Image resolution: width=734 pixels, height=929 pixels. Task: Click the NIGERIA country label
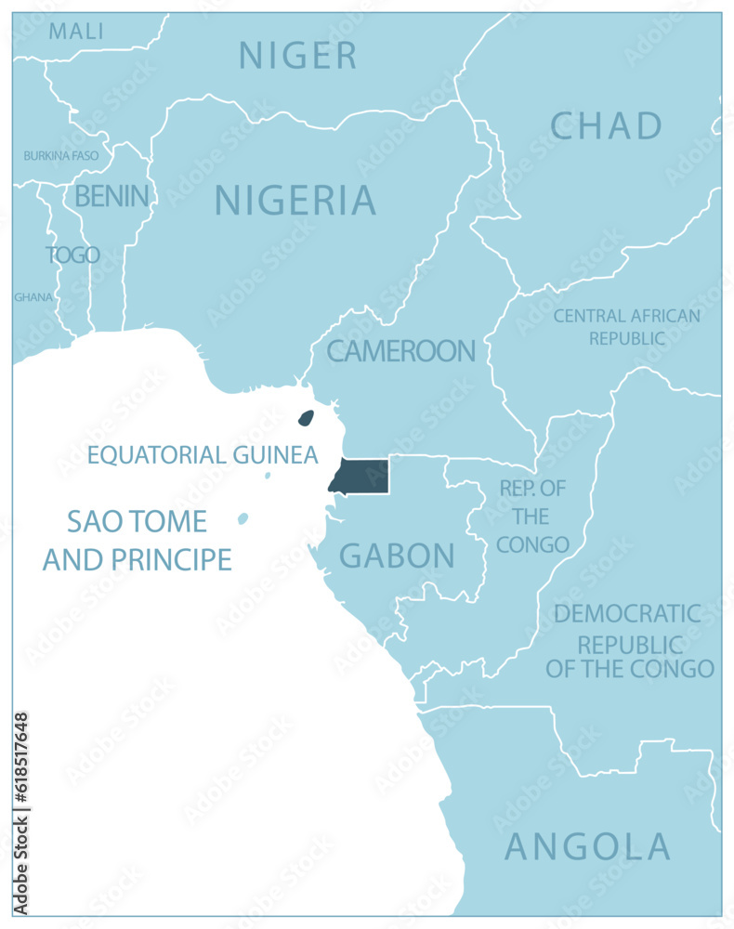pyautogui.click(x=295, y=201)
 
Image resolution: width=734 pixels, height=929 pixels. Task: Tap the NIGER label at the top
pyautogui.click(x=297, y=56)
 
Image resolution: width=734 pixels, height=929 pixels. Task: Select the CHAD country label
pyautogui.click(x=606, y=125)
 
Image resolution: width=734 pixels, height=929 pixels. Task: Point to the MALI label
pyautogui.click(x=76, y=31)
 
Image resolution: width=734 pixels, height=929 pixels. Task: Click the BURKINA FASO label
pyautogui.click(x=60, y=155)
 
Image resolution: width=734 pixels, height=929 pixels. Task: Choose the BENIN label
pyautogui.click(x=111, y=196)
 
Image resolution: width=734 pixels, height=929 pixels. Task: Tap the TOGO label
pyautogui.click(x=72, y=255)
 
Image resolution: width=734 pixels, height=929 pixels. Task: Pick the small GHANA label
pyautogui.click(x=33, y=297)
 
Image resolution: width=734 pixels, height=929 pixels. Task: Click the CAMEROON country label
pyautogui.click(x=400, y=351)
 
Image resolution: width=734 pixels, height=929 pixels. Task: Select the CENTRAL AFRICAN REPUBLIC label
pyautogui.click(x=626, y=327)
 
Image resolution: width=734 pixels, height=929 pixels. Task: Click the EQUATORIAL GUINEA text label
pyautogui.click(x=203, y=455)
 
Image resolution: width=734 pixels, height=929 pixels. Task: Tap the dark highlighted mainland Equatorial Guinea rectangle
pyautogui.click(x=360, y=476)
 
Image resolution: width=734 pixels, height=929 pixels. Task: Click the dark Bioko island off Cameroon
pyautogui.click(x=305, y=419)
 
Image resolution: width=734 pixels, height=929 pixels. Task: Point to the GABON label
pyautogui.click(x=397, y=556)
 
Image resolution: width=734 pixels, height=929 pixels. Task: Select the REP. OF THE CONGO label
pyautogui.click(x=532, y=517)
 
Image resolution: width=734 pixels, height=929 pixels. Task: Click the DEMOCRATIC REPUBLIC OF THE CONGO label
pyautogui.click(x=629, y=641)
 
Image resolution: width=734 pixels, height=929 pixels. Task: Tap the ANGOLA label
pyautogui.click(x=587, y=846)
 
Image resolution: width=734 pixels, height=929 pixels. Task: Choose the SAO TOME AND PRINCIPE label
pyautogui.click(x=138, y=540)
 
